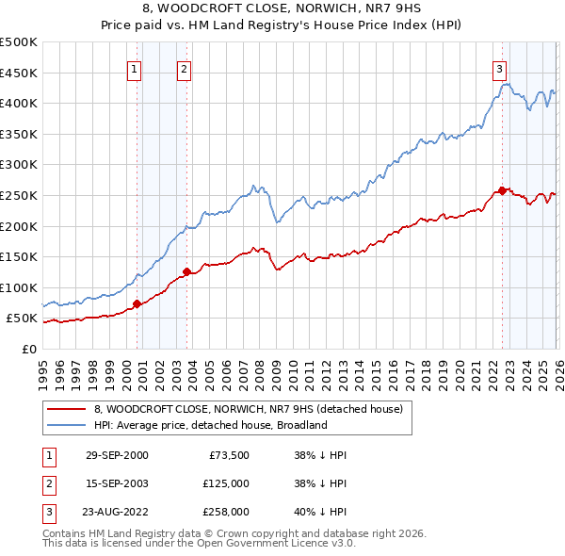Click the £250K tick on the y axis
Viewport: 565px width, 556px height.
pos(19,195)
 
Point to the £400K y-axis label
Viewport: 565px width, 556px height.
pos(19,103)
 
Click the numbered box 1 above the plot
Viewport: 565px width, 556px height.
pos(134,68)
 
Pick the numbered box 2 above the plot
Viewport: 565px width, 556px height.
pos(184,68)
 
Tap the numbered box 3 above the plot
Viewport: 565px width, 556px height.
pos(498,68)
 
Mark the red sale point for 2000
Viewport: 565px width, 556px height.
pos(137,303)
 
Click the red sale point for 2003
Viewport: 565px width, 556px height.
pos(186,272)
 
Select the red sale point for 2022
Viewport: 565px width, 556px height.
pos(502,190)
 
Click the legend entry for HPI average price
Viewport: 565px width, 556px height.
pos(209,425)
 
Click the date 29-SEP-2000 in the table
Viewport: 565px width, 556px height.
pos(117,455)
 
